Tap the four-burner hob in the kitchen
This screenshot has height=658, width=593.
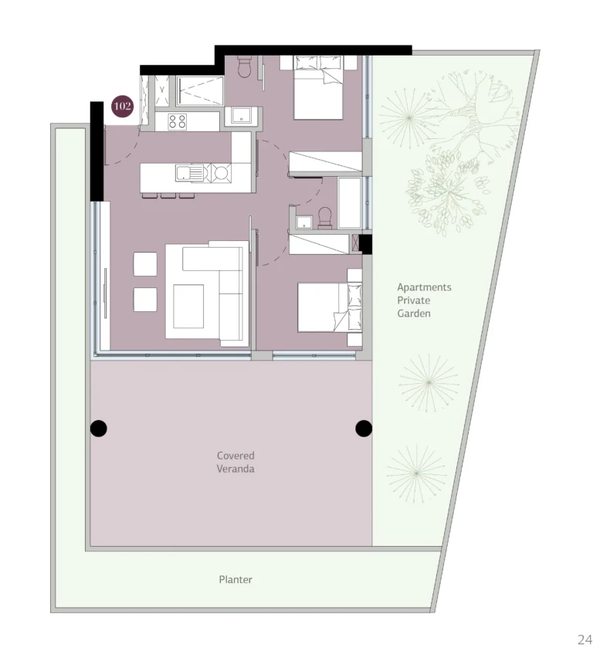[x=178, y=121]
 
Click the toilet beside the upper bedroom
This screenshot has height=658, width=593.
[x=245, y=67]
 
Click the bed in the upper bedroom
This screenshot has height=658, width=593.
[x=318, y=86]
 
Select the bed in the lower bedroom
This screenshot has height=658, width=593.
[x=329, y=307]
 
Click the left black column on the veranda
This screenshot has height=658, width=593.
[x=99, y=428]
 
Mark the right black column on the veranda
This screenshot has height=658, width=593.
[x=364, y=428]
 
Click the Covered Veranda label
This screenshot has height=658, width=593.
[x=236, y=462]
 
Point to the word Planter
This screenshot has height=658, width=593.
[x=236, y=579]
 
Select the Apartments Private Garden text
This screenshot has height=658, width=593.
[x=424, y=300]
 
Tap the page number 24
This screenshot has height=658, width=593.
[x=584, y=639]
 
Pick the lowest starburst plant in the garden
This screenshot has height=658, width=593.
[x=416, y=472]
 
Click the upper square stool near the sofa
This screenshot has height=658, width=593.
[x=144, y=264]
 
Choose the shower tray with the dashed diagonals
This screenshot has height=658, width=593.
[x=200, y=91]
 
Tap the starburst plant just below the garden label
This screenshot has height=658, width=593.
[x=428, y=382]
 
